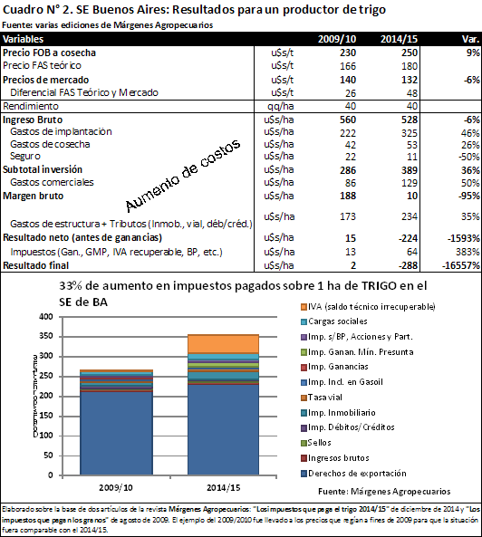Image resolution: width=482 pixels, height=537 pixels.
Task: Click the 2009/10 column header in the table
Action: (x=337, y=39)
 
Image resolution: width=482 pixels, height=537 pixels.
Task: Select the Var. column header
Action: (x=471, y=39)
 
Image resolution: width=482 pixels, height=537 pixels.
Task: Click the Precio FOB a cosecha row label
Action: (x=49, y=53)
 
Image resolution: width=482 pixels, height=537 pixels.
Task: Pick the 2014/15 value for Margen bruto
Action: (x=412, y=196)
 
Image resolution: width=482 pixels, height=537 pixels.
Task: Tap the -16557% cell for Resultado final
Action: (x=461, y=265)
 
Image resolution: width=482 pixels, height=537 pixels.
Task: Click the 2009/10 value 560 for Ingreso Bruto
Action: (x=348, y=120)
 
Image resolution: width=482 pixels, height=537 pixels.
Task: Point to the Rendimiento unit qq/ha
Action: (x=281, y=106)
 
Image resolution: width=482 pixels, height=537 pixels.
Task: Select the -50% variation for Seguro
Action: (x=469, y=157)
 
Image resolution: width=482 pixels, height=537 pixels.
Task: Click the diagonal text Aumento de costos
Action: (x=183, y=176)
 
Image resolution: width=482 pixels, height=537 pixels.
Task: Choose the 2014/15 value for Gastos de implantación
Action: (x=410, y=132)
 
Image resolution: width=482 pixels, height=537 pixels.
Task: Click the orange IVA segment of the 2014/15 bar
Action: (x=224, y=344)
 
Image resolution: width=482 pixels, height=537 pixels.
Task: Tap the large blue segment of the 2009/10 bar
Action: (x=117, y=433)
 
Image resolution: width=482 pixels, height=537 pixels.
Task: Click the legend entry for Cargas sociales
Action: (x=334, y=321)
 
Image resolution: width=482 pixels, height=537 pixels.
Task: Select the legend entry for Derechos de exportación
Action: (x=353, y=474)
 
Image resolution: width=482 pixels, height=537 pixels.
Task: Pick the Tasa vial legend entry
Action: (x=322, y=398)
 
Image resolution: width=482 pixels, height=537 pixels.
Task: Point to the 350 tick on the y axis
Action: (x=46, y=336)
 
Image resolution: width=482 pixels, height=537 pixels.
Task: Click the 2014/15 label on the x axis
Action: (x=224, y=487)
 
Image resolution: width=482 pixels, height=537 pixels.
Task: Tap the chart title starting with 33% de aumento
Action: (x=243, y=293)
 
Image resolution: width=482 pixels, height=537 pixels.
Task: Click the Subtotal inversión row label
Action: (x=43, y=169)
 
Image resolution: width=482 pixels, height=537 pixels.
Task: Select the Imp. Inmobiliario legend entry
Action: (x=338, y=413)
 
